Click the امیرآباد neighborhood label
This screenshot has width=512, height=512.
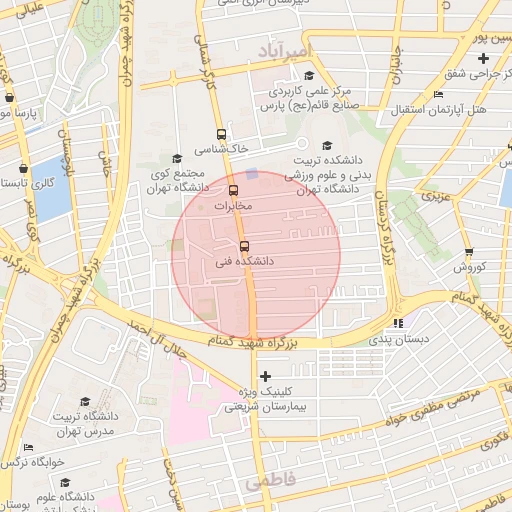(x=285, y=50)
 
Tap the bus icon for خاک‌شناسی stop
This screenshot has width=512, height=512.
(x=221, y=134)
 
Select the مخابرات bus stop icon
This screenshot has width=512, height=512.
(x=234, y=190)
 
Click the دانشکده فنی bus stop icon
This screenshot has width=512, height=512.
(x=244, y=246)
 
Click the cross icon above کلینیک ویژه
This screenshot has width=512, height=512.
(x=265, y=376)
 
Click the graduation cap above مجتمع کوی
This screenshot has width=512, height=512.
(x=177, y=158)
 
